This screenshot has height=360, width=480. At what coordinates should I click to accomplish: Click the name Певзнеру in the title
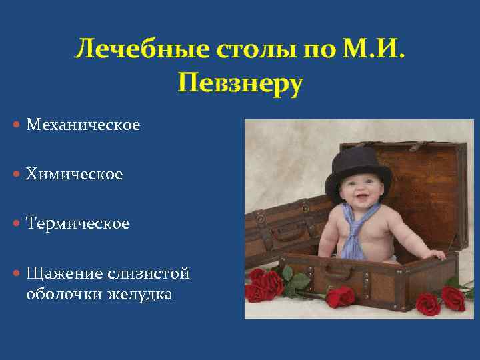tap(240, 84)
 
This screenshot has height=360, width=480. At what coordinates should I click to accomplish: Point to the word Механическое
tap(83, 125)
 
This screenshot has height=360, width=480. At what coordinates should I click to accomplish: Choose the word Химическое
tap(75, 175)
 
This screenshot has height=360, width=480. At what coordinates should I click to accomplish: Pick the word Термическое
tap(78, 224)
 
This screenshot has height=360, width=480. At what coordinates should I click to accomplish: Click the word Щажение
tap(64, 273)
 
